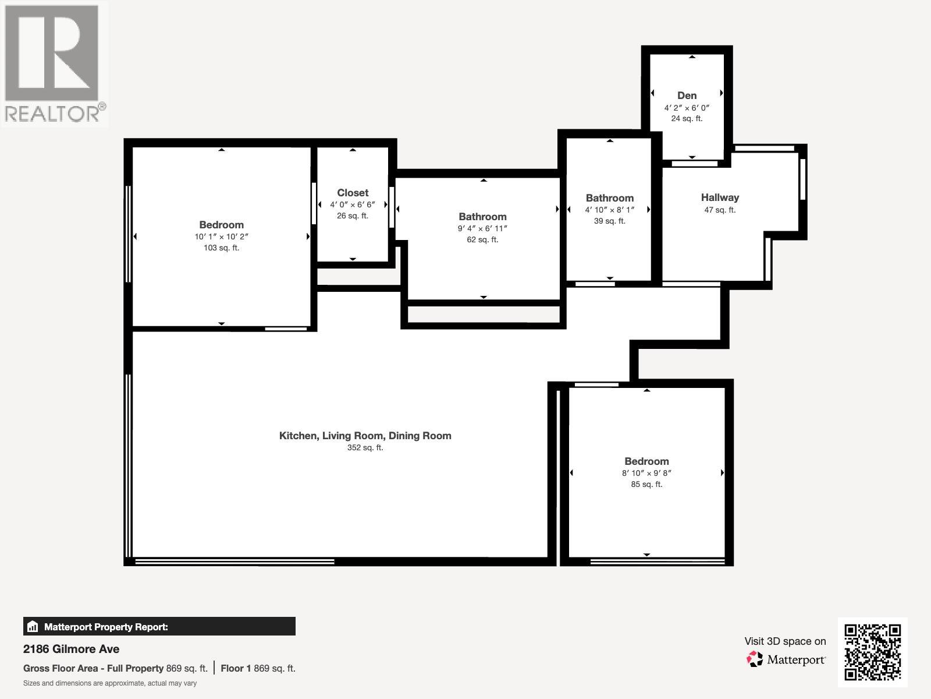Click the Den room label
tap(687, 96)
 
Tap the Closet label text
tap(353, 193)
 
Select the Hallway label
tap(720, 197)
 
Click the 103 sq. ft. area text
tap(221, 248)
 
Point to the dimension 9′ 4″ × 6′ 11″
tap(482, 228)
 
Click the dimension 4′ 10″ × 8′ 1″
tap(609, 210)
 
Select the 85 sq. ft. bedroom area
tap(646, 484)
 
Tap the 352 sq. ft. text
tap(365, 447)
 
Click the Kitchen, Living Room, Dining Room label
tap(365, 436)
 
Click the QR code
tap(872, 652)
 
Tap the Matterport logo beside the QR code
tap(786, 659)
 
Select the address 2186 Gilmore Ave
tap(71, 649)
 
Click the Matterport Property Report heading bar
tap(159, 627)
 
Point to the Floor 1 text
tap(235, 668)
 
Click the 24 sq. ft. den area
tap(687, 118)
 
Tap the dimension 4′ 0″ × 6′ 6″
tap(353, 204)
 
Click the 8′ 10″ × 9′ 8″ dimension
tap(646, 473)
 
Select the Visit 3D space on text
tap(784, 641)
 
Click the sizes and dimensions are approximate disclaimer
tap(110, 683)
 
